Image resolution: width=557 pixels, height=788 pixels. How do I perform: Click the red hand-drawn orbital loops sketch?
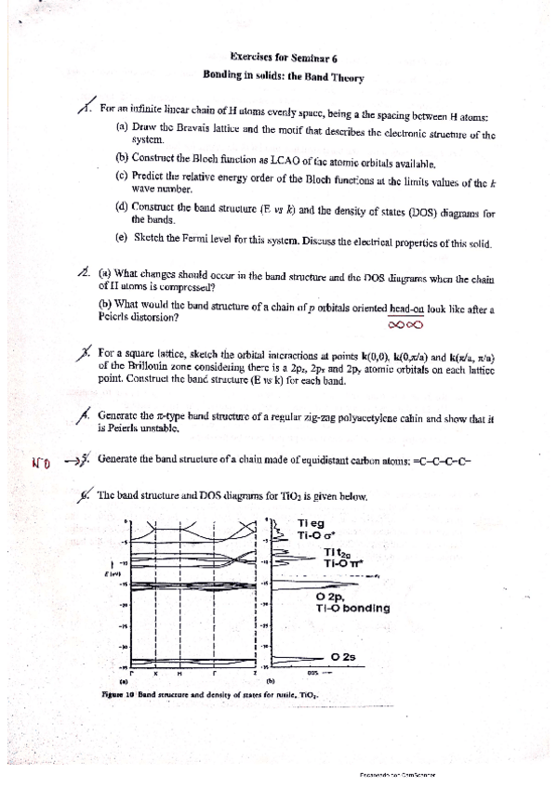(406, 325)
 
